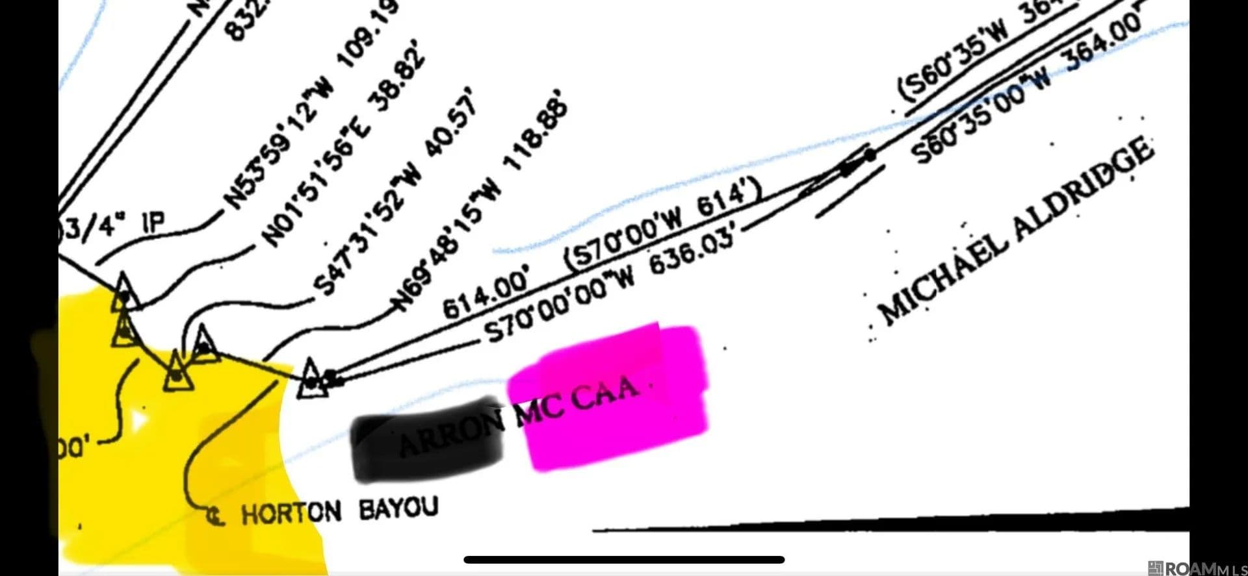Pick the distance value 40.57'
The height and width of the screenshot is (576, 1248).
[452, 123]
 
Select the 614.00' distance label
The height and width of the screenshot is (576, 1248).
[486, 295]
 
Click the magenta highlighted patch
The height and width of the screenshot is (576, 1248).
[611, 396]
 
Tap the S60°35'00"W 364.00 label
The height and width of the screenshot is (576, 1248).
[1027, 88]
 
